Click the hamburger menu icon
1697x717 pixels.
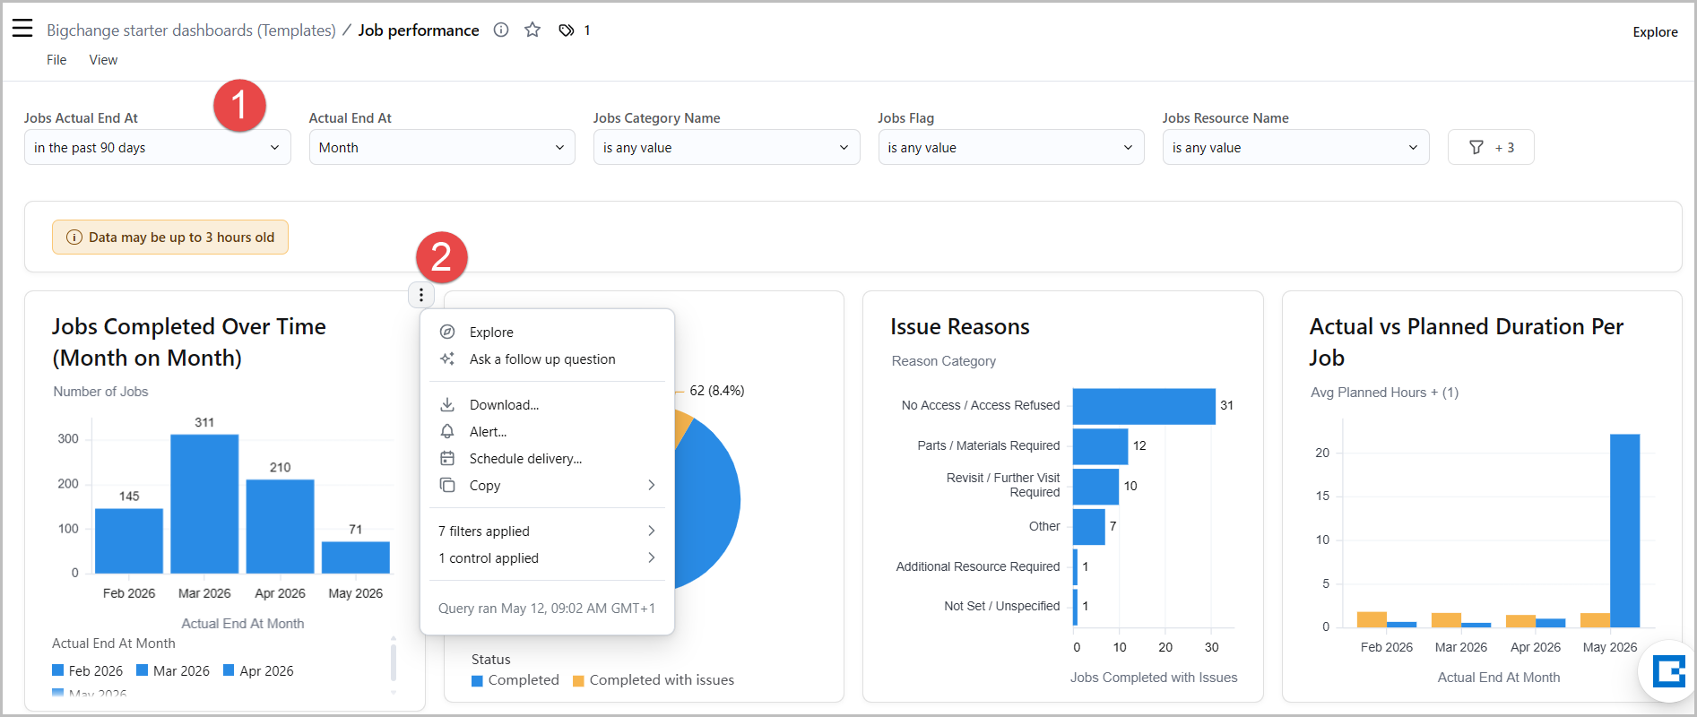click(x=22, y=29)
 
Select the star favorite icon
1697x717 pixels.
click(x=532, y=30)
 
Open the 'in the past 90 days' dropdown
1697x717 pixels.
click(x=158, y=148)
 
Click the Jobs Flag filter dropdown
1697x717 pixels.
click(x=1011, y=148)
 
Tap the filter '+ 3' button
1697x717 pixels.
click(x=1491, y=148)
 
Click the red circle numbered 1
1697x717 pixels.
click(x=239, y=105)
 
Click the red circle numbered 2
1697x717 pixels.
click(x=442, y=258)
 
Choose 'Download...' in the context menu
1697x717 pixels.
click(x=504, y=405)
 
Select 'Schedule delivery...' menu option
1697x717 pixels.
click(x=525, y=459)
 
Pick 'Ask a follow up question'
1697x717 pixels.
click(x=542, y=359)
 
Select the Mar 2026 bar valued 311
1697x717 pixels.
click(x=204, y=504)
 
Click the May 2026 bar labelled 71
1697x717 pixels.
click(x=356, y=557)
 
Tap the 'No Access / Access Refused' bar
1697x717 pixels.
click(x=1144, y=406)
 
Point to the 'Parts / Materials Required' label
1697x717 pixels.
click(x=989, y=445)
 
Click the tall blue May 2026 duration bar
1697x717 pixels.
click(x=1625, y=531)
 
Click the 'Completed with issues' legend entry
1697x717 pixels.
click(x=654, y=680)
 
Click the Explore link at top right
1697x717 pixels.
click(x=1655, y=32)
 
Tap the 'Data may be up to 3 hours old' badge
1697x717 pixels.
click(x=170, y=238)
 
